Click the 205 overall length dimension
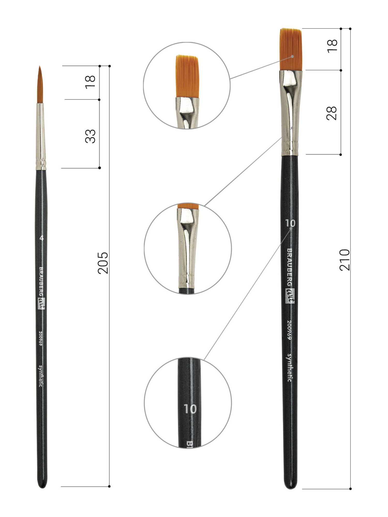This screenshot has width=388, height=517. [103, 263]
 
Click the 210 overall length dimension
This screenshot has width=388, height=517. [344, 260]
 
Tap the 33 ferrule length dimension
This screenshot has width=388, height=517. [90, 136]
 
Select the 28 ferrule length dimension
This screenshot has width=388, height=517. [332, 113]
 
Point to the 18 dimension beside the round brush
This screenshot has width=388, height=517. [90, 82]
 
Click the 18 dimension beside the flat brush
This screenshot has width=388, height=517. [332, 46]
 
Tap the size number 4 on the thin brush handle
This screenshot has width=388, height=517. [42, 238]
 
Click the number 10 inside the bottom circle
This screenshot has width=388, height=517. [190, 409]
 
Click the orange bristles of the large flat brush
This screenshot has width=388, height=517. [291, 49]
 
